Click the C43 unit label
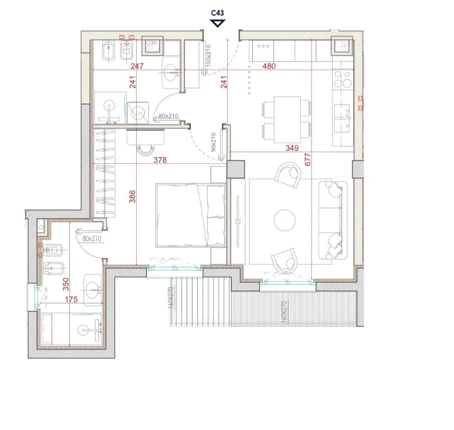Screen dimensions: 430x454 (217, 13)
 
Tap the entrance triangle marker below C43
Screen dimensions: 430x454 (217, 23)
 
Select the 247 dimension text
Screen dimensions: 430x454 (137, 66)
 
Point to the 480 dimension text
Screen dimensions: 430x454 (269, 66)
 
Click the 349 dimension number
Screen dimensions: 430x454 (292, 148)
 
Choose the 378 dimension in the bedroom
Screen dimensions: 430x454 (160, 160)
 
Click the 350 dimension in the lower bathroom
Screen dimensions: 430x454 (65, 284)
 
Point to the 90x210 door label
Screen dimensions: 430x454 (214, 142)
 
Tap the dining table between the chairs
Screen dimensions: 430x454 (287, 119)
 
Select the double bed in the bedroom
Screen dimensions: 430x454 (190, 215)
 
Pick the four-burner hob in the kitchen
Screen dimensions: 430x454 (343, 79)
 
